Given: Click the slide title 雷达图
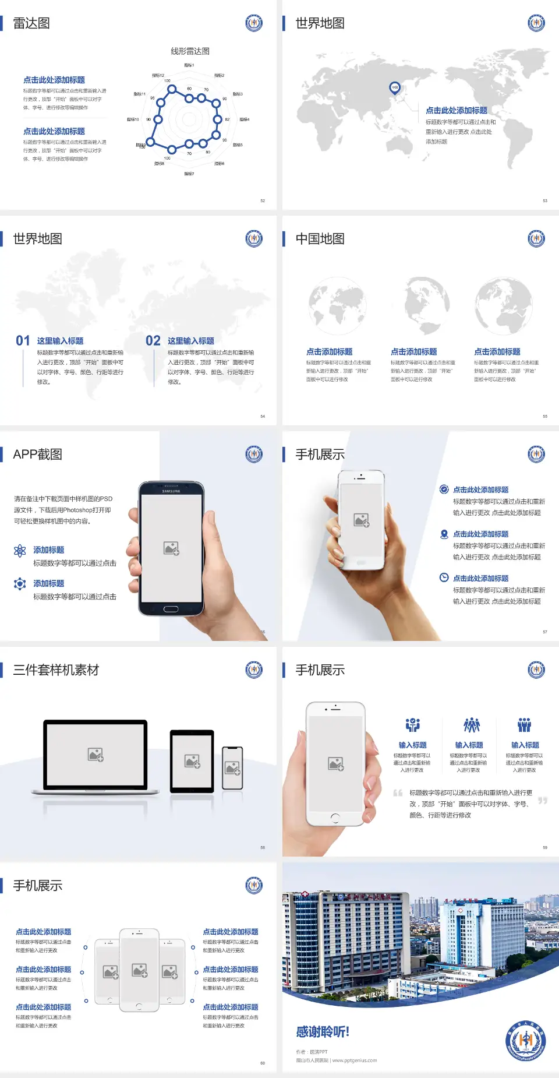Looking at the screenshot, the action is click(31, 23).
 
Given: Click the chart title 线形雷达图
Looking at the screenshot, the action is click(190, 51).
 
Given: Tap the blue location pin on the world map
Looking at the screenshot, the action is click(394, 87).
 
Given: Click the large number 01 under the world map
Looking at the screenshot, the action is click(23, 341).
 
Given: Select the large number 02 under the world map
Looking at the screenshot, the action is click(153, 341).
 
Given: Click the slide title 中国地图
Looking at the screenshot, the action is click(320, 239).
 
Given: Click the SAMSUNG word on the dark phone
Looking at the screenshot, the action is click(171, 491).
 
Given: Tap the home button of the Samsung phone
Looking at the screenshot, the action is click(171, 609).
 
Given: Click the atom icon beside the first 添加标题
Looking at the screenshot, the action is click(20, 551).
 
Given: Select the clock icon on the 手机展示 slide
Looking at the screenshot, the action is click(444, 577).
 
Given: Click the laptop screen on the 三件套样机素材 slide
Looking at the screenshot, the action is click(95, 755).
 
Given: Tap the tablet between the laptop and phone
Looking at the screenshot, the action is click(192, 760).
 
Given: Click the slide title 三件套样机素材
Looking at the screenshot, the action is click(56, 670).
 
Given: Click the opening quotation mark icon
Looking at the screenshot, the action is click(398, 793).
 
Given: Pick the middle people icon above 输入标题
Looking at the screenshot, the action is click(471, 725).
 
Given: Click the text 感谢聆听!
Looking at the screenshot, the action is click(323, 1032).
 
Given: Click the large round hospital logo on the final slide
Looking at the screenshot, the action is click(525, 1041).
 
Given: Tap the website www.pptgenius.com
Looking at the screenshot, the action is click(355, 1061).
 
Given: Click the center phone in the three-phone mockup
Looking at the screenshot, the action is click(139, 970).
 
